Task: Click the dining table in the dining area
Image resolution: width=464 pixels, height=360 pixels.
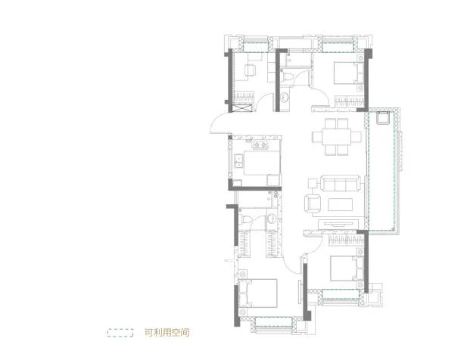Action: pos(337,137)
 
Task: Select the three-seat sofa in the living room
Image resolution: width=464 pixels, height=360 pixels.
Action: pos(341,183)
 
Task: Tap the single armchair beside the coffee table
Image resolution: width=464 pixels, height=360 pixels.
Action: pos(313,203)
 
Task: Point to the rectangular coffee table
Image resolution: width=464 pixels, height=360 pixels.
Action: pos(340,204)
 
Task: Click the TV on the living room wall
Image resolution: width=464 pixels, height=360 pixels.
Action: pos(338,225)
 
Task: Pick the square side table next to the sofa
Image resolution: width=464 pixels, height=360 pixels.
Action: pos(313,184)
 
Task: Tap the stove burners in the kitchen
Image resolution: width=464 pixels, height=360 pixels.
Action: pos(260,144)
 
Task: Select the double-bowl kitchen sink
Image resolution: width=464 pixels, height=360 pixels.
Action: pos(238,161)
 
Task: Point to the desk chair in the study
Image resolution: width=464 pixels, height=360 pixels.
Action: pos(250,70)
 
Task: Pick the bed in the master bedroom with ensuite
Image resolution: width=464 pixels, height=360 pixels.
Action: pos(258,293)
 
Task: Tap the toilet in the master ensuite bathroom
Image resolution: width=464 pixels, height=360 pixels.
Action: pos(245,219)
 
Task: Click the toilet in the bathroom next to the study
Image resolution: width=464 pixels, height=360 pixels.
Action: pos(287,76)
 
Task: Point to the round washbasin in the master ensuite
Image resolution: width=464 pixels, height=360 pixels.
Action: pos(271,219)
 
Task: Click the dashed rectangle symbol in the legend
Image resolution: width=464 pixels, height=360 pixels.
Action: pos(120,333)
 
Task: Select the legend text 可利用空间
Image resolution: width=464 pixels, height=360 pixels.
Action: pos(167,333)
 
